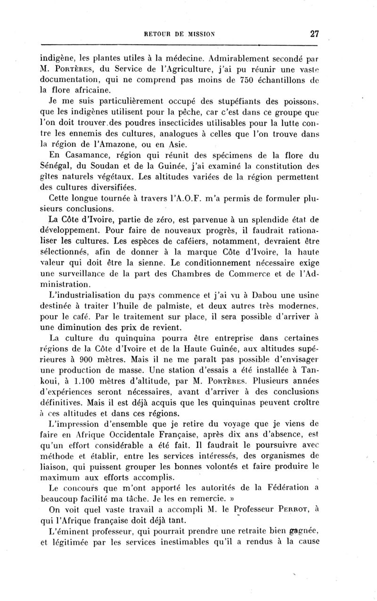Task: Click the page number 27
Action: (x=315, y=33)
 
